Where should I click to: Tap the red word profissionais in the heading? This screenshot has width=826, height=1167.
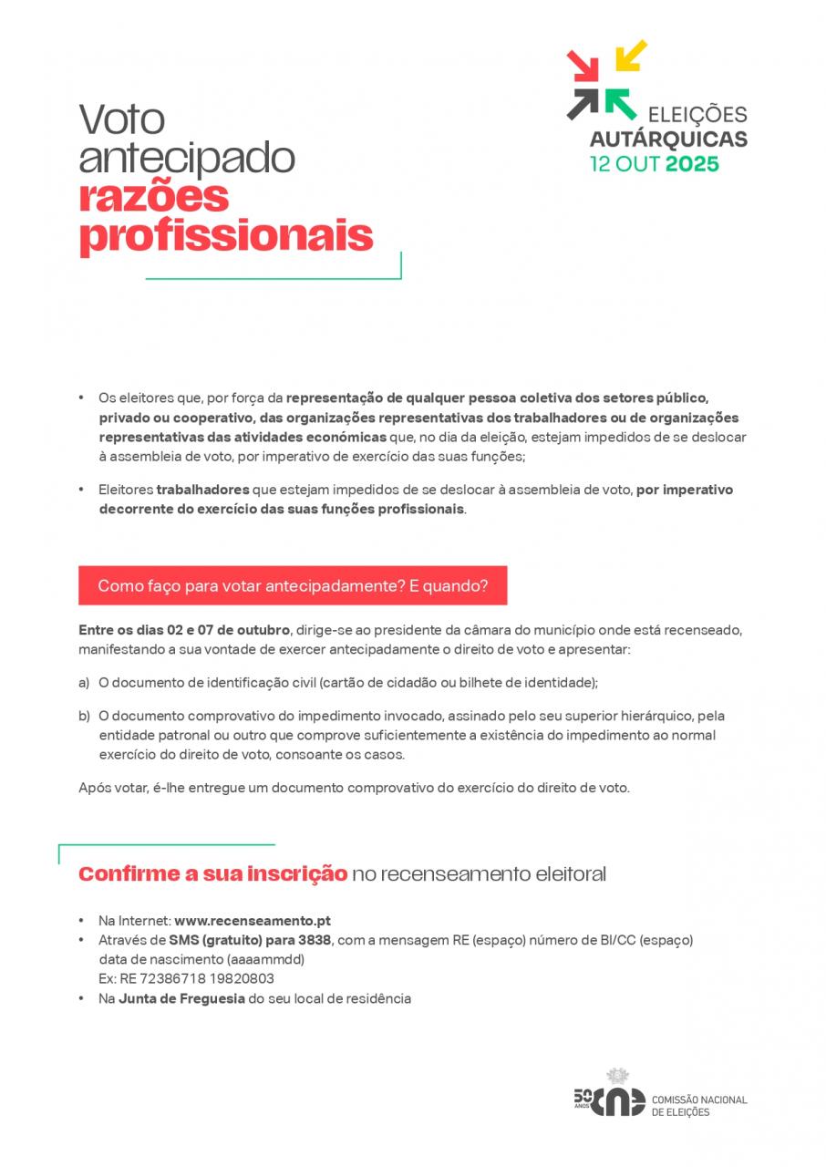pos(226,235)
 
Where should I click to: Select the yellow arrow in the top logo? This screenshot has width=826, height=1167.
pos(630,55)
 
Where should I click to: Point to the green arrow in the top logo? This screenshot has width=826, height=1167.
pos(620,103)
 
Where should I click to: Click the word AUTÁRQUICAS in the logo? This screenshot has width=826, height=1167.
pos(668,139)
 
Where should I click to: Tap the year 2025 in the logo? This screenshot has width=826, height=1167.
pos(692,165)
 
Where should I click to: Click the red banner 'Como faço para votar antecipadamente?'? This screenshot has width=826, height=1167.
pos(293,585)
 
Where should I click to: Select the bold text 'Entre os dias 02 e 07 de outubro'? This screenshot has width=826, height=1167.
pos(184,631)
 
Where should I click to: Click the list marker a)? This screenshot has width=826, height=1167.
pos(84,683)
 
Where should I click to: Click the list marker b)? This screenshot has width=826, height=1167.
pos(84,717)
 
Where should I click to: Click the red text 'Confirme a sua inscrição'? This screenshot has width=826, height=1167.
pos(212,874)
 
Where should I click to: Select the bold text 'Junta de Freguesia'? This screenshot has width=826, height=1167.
pos(181,998)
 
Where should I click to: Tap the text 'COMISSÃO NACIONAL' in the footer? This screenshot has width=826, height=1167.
pos(699,1100)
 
